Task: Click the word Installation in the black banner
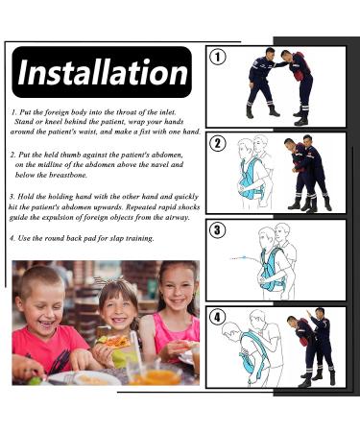point(102,72)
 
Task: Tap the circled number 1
point(218,58)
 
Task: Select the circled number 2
point(218,144)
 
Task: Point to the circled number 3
point(218,229)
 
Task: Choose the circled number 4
point(218,316)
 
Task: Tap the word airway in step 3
point(179,217)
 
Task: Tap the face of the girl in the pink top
point(176,291)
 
